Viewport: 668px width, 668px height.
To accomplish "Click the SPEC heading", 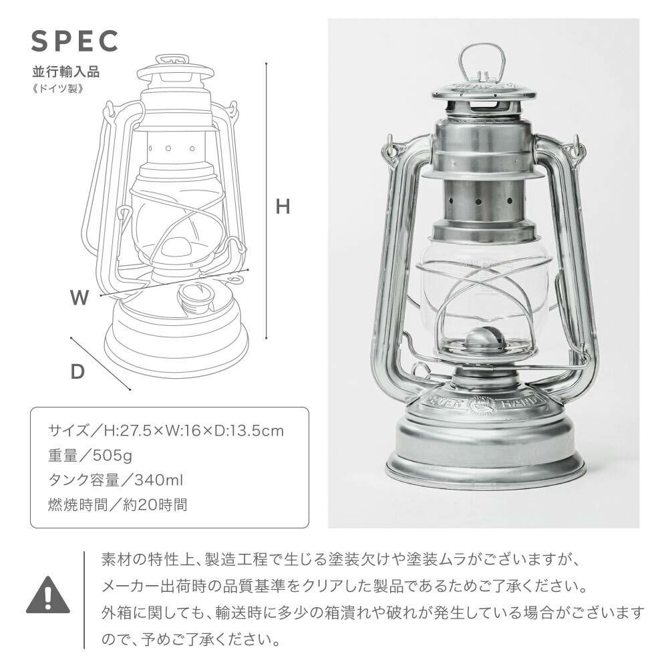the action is coord(75,41).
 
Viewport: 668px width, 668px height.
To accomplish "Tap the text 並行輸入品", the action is coord(66,71).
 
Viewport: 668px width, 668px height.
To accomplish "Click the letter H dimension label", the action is coord(283,206).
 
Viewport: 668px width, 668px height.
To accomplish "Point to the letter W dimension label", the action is coord(79,297).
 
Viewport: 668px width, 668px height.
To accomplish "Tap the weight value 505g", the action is coord(112,456).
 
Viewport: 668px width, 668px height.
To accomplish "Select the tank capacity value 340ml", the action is coord(159,480).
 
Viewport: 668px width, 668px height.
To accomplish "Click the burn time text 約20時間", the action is coord(155,505).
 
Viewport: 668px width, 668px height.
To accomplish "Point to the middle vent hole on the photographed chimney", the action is coord(478,201).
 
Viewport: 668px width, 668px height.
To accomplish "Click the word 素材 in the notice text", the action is coord(116,558).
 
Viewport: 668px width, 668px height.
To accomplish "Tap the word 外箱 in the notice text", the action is coord(116,613).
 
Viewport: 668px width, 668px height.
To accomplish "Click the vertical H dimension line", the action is coord(267,201).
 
